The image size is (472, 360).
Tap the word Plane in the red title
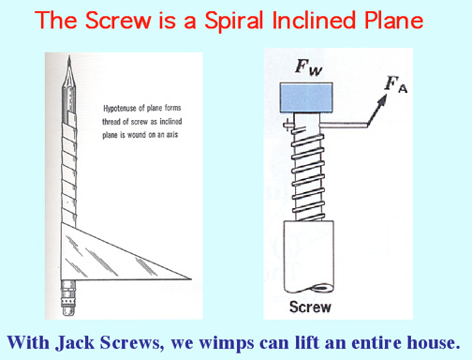click(x=393, y=20)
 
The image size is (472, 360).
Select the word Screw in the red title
click(x=118, y=20)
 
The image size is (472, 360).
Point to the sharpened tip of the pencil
click(x=69, y=57)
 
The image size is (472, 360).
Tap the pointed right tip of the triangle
click(x=190, y=278)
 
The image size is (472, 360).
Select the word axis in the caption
click(x=172, y=134)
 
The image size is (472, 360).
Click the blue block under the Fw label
click(x=306, y=97)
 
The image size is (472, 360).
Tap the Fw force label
click(x=308, y=67)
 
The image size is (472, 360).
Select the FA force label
click(x=396, y=84)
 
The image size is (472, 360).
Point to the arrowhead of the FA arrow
click(x=382, y=100)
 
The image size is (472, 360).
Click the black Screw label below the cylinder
click(x=310, y=307)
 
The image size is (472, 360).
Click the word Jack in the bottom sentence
click(x=75, y=343)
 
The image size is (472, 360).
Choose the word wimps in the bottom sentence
click(x=227, y=343)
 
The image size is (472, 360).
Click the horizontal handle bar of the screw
click(x=344, y=125)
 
